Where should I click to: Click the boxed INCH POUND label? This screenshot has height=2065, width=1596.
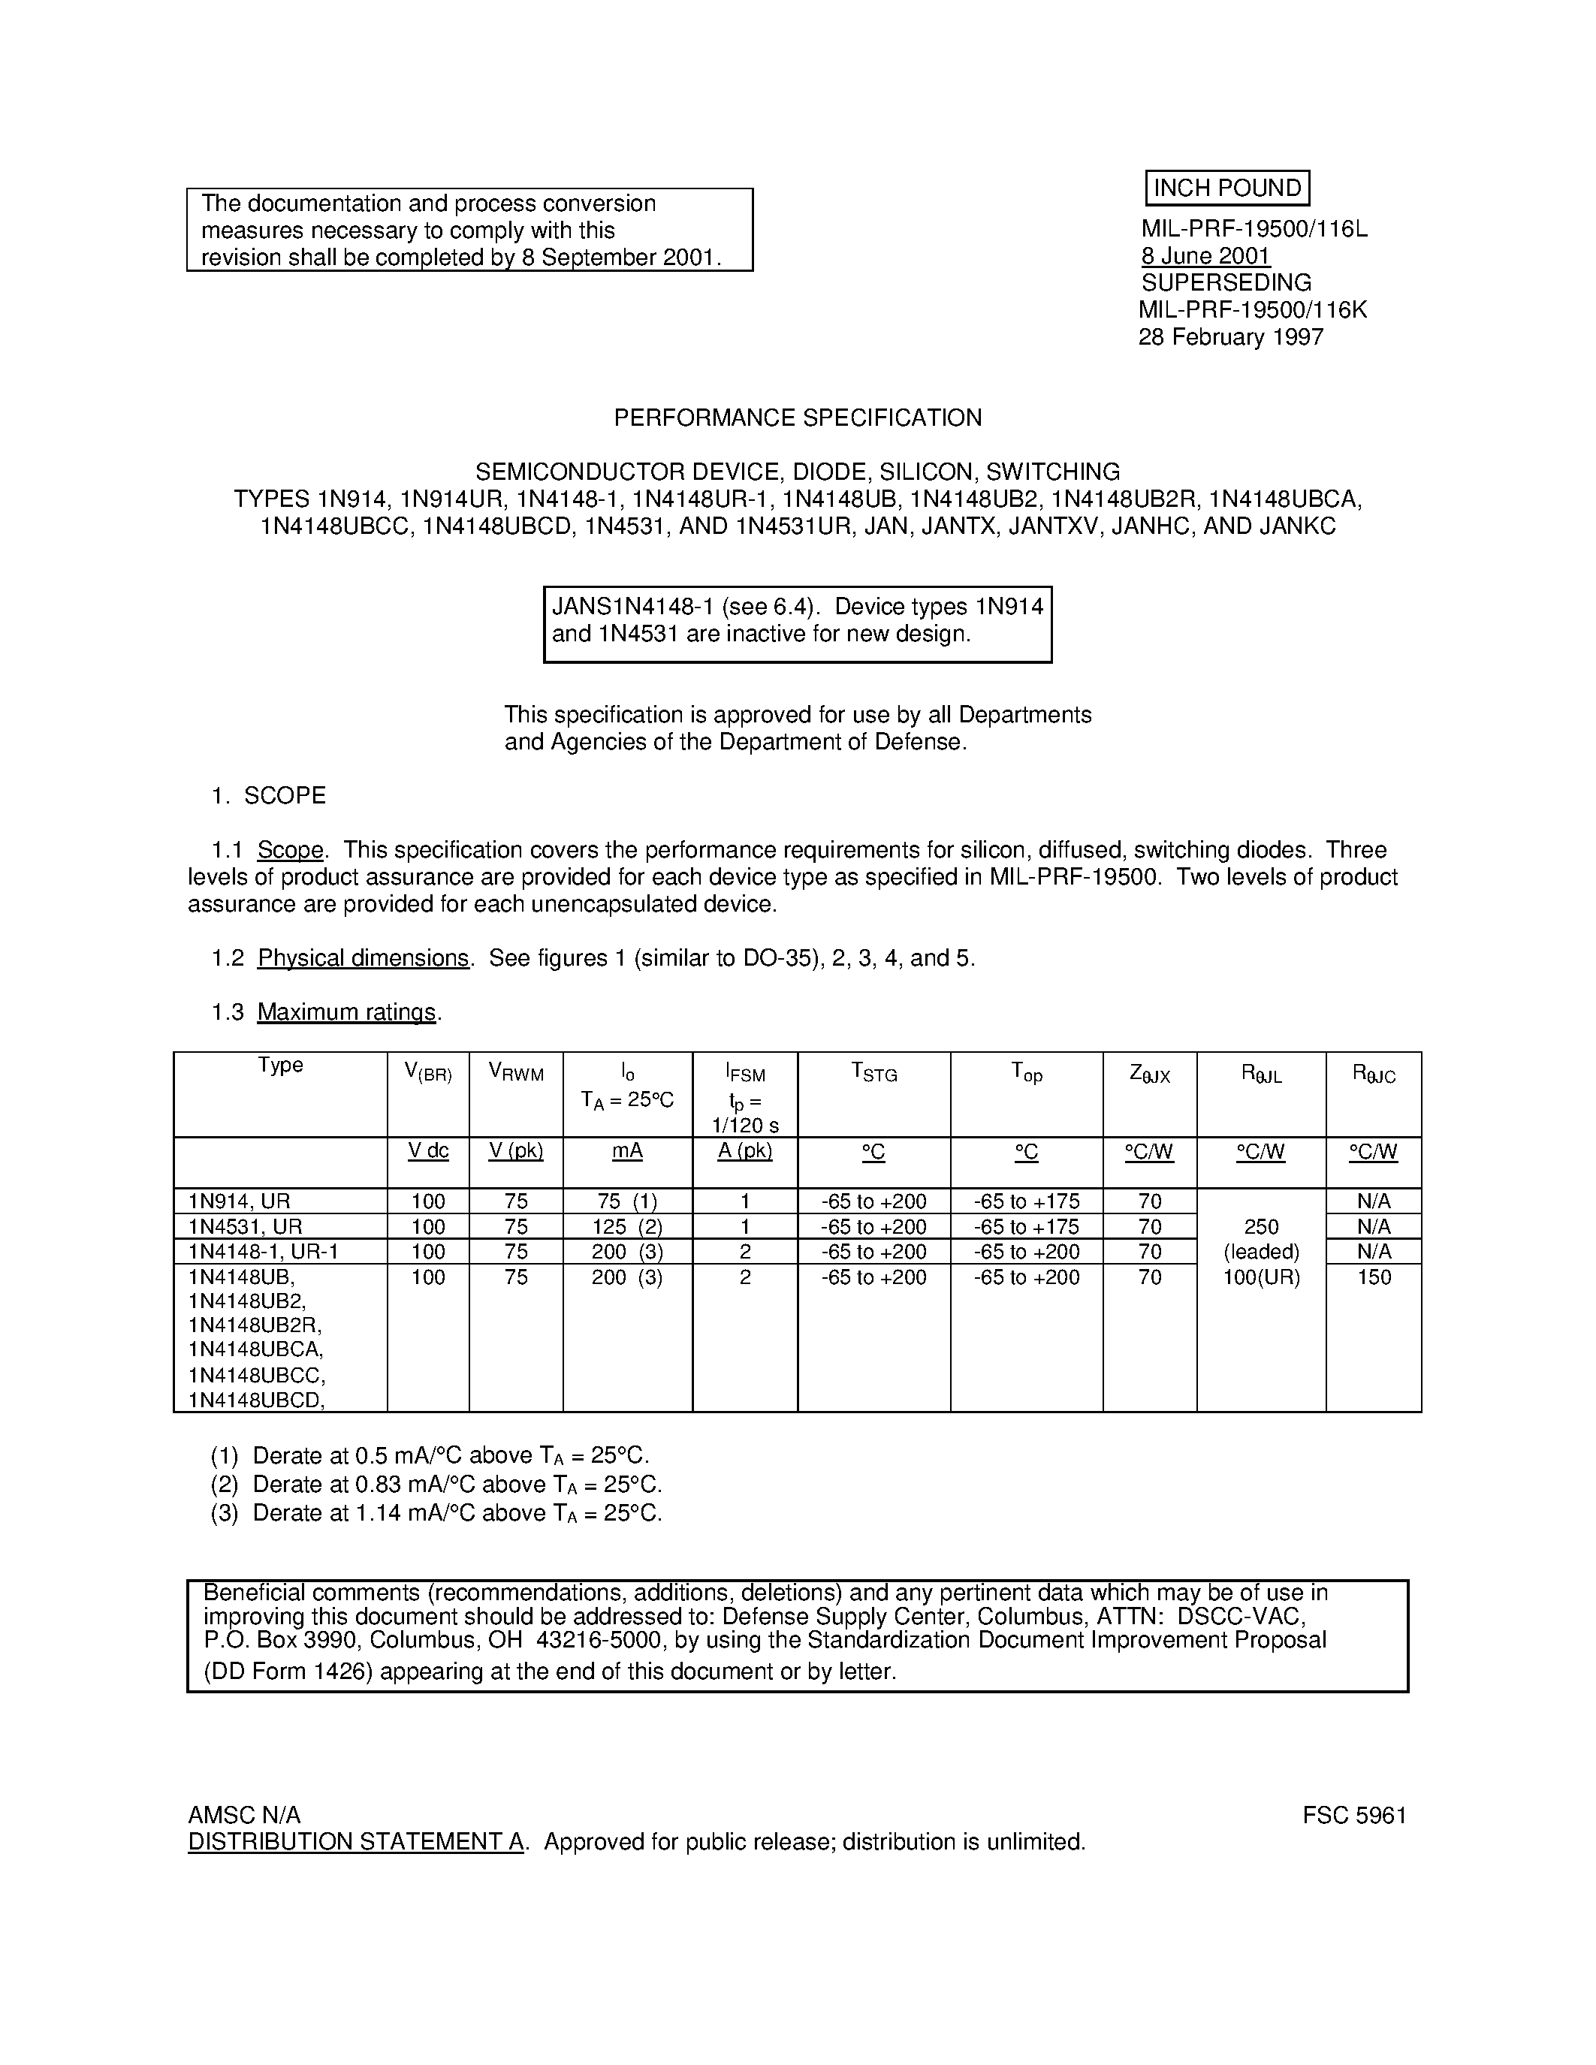tap(1226, 188)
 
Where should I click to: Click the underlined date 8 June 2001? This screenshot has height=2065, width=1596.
tap(1205, 256)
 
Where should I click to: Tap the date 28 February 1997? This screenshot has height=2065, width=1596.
tap(1230, 338)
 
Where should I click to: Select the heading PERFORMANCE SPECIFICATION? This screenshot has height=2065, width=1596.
tap(797, 418)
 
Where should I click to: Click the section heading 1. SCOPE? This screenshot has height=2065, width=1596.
tap(269, 796)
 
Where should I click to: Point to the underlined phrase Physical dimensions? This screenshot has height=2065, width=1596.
tap(363, 959)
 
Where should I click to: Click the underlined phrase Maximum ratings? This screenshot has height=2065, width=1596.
tap(346, 1013)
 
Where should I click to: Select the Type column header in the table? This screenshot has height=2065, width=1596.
tap(280, 1066)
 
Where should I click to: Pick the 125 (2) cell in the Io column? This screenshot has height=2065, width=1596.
tap(627, 1227)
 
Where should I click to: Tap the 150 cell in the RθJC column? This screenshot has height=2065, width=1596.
tap(1373, 1277)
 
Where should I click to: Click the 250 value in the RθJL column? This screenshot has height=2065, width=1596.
tap(1260, 1227)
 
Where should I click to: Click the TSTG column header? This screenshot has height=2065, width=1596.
tap(873, 1073)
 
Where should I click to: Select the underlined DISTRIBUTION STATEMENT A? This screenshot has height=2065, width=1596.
tap(355, 1842)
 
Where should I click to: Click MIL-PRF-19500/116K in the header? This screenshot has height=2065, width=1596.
tap(1252, 310)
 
